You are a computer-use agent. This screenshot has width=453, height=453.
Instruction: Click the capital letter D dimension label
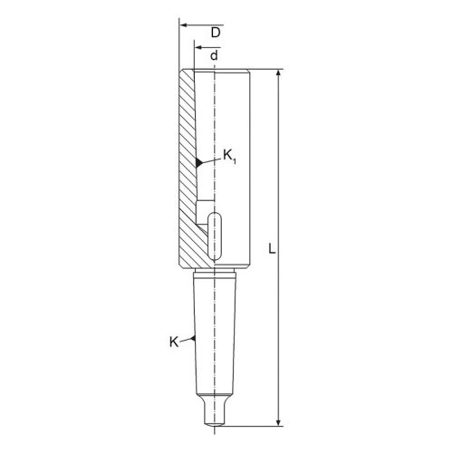point(216,33)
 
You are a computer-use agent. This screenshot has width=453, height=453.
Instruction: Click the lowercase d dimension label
point(214,55)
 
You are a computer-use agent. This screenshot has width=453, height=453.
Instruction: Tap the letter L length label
point(272,248)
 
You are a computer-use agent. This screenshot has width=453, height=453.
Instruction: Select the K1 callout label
point(229,156)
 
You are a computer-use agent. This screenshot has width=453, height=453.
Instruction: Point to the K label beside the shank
point(174,342)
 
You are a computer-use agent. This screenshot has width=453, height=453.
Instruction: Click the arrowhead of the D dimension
point(184,24)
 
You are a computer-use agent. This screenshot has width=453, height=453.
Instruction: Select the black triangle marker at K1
point(198,162)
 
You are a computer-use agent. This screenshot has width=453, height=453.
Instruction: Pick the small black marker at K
point(193,339)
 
